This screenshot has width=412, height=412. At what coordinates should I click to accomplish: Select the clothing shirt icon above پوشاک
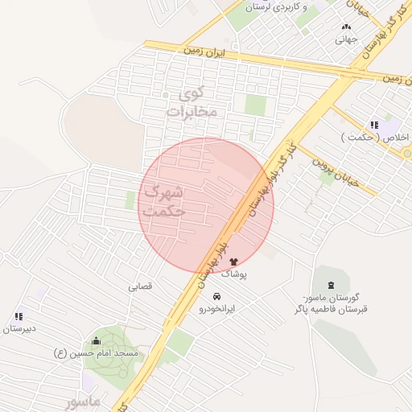click(x=233, y=261)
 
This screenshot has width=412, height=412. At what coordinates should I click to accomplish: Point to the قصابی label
click(x=139, y=286)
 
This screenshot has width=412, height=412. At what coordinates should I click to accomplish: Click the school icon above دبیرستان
click(x=18, y=316)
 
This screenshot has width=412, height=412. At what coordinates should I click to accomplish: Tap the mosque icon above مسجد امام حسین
click(x=97, y=340)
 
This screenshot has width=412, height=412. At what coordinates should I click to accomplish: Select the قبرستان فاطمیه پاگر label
click(x=330, y=308)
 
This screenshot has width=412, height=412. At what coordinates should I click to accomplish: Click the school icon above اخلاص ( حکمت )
click(x=374, y=125)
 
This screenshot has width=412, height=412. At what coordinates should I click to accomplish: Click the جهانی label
click(x=345, y=38)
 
